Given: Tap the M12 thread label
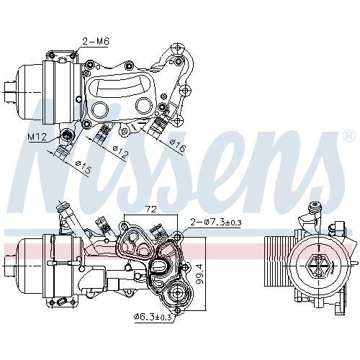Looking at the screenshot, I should point(37,136).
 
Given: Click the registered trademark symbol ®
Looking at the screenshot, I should point(348,135).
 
